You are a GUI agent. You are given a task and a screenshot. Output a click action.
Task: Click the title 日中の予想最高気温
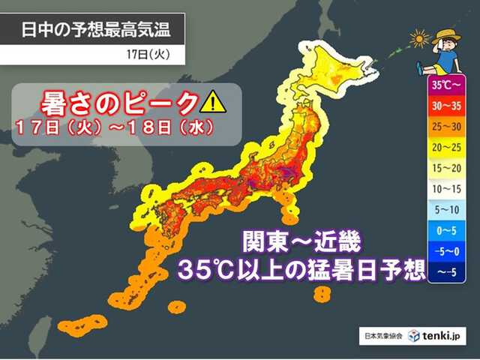pos(93,31)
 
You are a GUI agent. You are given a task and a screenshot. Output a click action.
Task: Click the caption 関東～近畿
pos(301,242)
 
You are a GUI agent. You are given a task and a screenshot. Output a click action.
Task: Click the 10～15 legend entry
pos(445,187)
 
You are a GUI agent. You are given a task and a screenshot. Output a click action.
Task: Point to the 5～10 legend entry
pos(445,208)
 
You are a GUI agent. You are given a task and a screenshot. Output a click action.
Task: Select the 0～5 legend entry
pos(445,229)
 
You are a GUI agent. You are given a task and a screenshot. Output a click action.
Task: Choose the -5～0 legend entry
pos(445,249)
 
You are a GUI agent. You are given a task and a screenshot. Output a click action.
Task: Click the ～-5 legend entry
pos(445,270)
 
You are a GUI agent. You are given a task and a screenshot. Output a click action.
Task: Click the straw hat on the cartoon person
pos(448,34)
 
